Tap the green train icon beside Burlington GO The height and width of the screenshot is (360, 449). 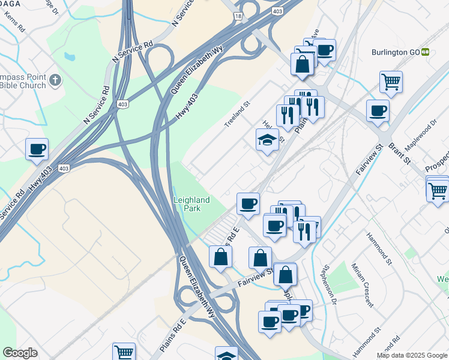(425, 52)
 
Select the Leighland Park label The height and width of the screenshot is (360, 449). (191, 204)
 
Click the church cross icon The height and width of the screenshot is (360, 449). (55, 80)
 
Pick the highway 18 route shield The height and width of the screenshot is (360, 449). (239, 17)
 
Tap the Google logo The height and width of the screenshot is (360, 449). (20, 353)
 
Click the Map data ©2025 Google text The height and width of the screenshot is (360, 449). (412, 355)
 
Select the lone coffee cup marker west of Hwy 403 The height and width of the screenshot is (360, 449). (37, 149)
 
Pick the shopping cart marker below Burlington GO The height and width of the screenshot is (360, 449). (391, 82)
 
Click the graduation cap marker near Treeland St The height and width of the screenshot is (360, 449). (267, 140)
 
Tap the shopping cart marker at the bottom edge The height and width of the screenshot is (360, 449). (124, 352)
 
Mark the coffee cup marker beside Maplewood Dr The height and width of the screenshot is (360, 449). (378, 110)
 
